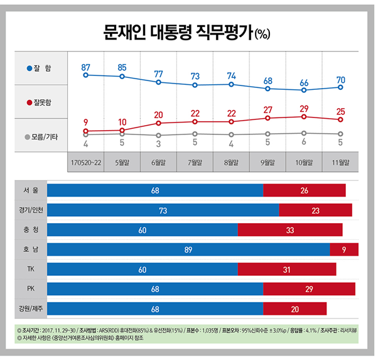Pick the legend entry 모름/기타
[x=41, y=136]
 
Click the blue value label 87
[x=85, y=67]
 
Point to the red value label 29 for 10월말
[x=304, y=109]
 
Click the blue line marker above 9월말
[x=267, y=89]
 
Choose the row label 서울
[x=30, y=190]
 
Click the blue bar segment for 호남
[x=188, y=249]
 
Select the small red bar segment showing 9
[x=344, y=249]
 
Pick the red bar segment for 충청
[x=290, y=230]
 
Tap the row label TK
[x=30, y=269]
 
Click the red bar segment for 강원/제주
[x=294, y=308]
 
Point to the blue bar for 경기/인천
[x=163, y=210]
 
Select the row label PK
[x=30, y=288]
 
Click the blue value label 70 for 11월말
[x=340, y=80]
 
